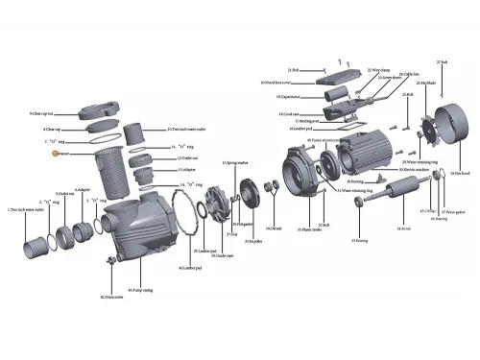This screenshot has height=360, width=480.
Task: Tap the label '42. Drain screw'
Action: [x=115, y=299]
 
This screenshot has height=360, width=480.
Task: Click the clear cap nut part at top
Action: [x=104, y=104]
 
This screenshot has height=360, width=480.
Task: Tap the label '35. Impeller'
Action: [x=253, y=241]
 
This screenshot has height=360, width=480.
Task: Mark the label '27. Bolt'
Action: [x=443, y=61]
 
